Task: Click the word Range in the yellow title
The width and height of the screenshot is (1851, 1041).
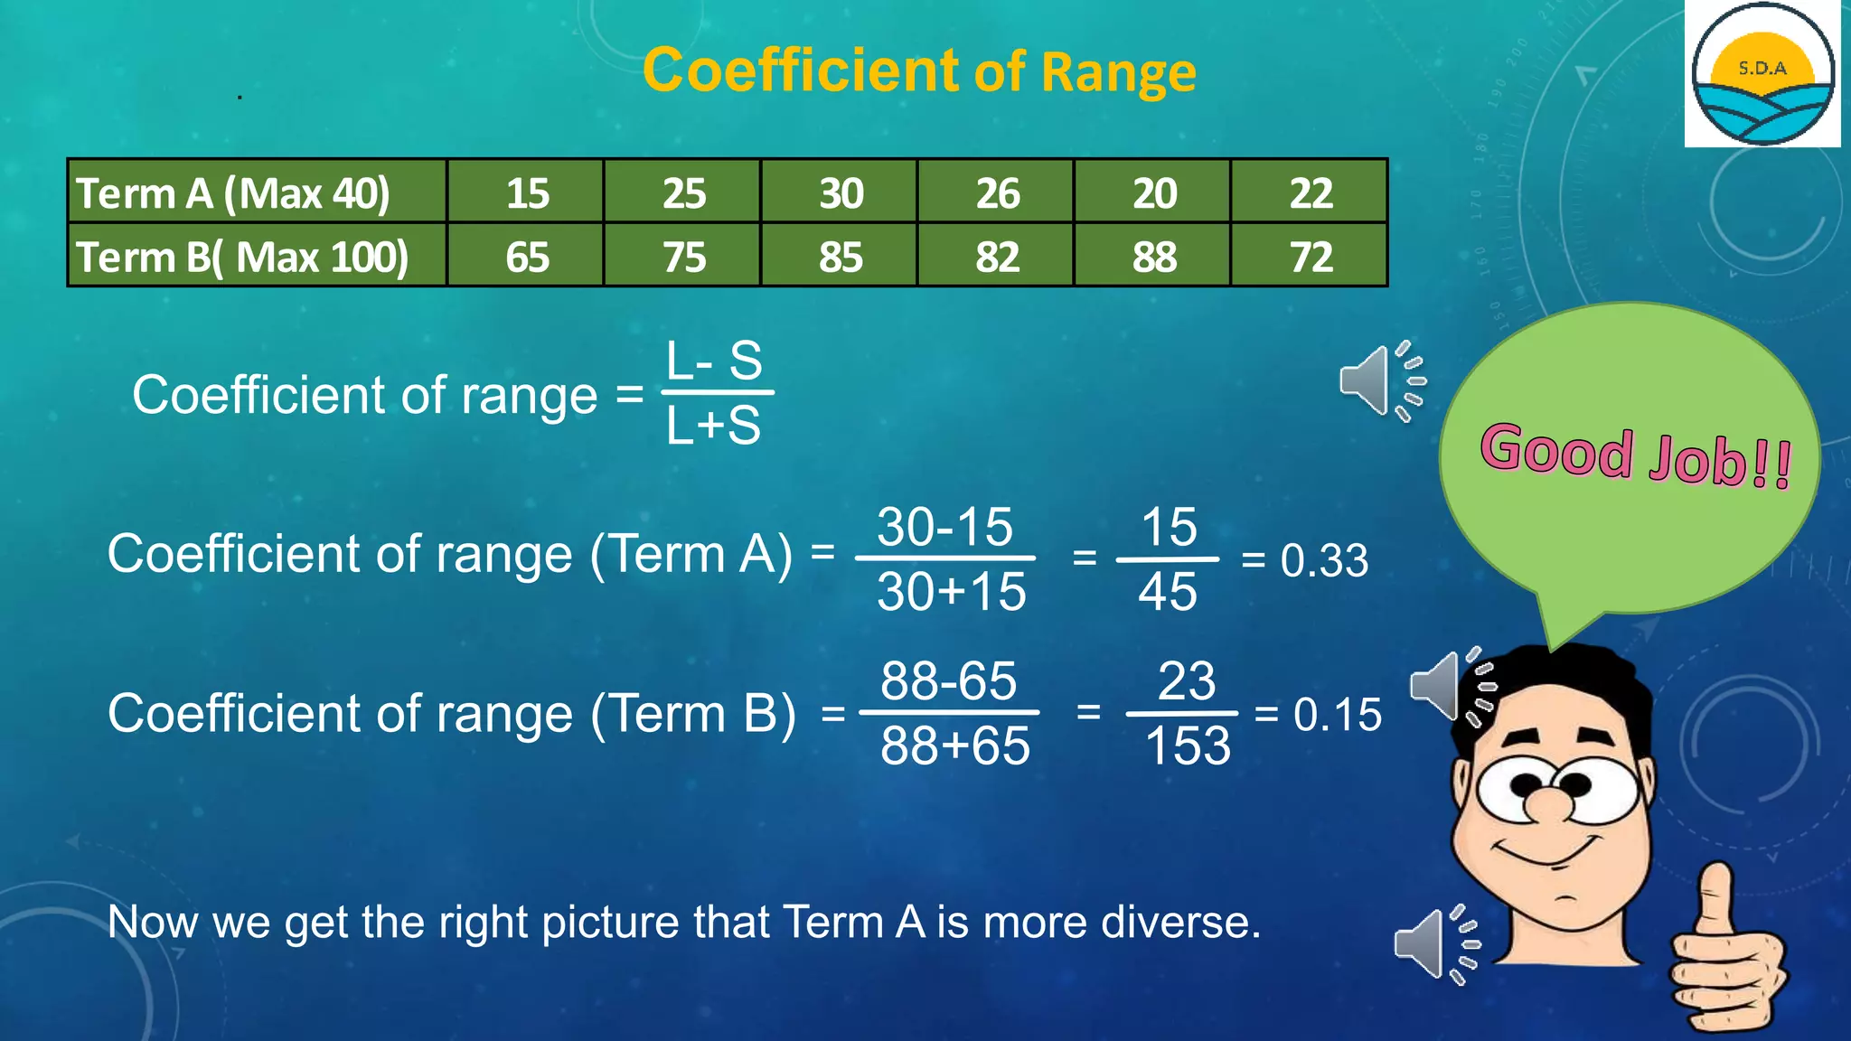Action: point(1118,72)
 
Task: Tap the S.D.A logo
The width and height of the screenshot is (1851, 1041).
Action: point(1762,74)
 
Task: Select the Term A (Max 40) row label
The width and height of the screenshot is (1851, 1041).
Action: point(233,192)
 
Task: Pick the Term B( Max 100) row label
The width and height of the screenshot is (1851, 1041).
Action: point(242,257)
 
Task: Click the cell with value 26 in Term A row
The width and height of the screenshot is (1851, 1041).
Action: point(997,192)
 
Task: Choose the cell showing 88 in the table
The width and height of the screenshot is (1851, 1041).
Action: point(1154,257)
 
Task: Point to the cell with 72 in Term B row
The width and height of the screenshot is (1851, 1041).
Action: point(1311,257)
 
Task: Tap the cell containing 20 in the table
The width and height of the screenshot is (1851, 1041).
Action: point(1154,192)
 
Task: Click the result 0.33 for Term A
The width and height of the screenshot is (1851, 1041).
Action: point(1324,560)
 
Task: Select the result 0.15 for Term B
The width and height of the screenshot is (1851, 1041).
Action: point(1337,715)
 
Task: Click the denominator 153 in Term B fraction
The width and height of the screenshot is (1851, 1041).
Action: point(1188,746)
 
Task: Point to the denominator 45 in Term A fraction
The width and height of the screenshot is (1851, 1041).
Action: point(1168,592)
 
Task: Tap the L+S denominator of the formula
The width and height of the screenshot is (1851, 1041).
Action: point(713,425)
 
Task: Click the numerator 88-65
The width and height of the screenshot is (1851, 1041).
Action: point(948,680)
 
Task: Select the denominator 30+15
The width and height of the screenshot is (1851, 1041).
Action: point(951,592)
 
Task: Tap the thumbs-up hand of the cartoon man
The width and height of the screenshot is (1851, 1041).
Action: point(1722,958)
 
